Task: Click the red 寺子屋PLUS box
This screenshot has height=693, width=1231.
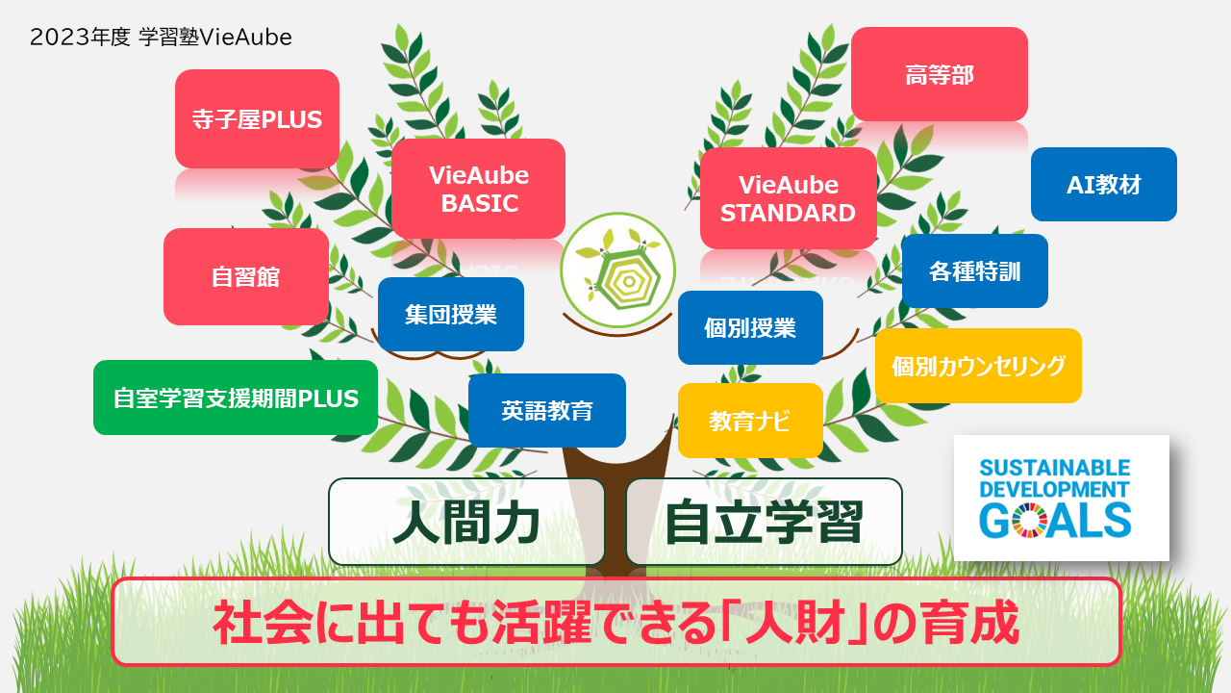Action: click(x=257, y=118)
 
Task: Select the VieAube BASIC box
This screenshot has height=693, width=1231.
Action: click(x=478, y=189)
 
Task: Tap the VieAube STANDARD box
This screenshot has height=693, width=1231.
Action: click(x=788, y=198)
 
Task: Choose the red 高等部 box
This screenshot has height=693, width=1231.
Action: click(x=940, y=74)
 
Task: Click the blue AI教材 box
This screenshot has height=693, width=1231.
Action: click(x=1103, y=184)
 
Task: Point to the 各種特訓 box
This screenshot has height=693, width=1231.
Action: click(x=975, y=270)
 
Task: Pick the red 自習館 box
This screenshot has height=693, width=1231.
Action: click(x=246, y=276)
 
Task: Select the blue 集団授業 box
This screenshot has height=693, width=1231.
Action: click(x=451, y=314)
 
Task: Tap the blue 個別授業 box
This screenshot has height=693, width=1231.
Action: click(x=750, y=327)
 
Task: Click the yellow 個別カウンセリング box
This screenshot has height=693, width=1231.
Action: click(x=978, y=366)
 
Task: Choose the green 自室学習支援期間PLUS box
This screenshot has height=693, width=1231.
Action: click(x=236, y=398)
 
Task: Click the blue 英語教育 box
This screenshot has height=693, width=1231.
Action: click(x=547, y=410)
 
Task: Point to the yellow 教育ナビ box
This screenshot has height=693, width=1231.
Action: click(x=750, y=421)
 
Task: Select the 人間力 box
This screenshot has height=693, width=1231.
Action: click(x=466, y=522)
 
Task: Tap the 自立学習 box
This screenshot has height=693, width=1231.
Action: click(x=764, y=522)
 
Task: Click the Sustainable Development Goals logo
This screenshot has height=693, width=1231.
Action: click(x=1061, y=498)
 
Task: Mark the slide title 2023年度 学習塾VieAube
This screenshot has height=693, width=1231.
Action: click(x=161, y=38)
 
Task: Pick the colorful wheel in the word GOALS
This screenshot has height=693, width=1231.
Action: click(x=1029, y=520)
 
